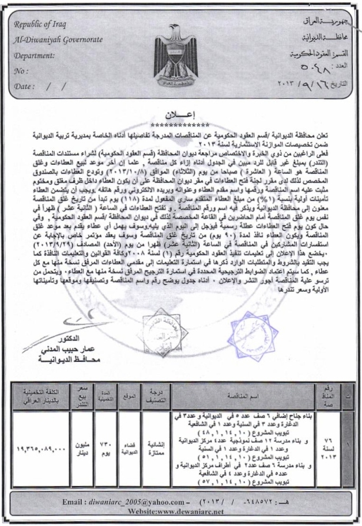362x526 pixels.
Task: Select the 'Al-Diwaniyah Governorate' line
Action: tap(58, 40)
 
